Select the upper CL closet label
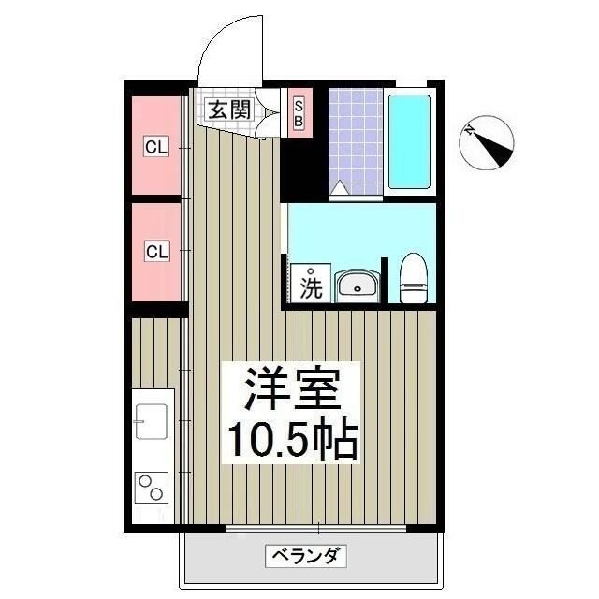[x=155, y=147]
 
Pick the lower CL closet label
[x=155, y=251]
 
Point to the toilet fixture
[x=413, y=280]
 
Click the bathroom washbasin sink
[x=356, y=285]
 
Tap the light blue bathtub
[x=409, y=140]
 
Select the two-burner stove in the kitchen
[x=150, y=487]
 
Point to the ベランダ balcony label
[x=309, y=556]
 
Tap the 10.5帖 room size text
[x=289, y=440]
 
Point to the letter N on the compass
[x=474, y=131]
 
